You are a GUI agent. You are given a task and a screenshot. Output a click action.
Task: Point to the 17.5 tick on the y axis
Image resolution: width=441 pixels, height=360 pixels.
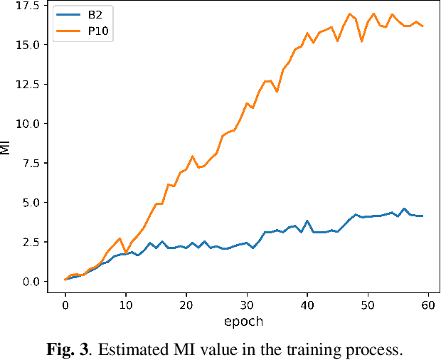[28, 5]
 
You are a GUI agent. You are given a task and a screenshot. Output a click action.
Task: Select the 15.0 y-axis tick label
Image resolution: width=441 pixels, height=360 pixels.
[28, 45]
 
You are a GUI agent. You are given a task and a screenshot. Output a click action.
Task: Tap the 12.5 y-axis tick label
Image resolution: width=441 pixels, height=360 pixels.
[28, 84]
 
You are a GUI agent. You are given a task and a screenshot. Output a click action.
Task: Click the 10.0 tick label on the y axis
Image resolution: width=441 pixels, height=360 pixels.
[28, 124]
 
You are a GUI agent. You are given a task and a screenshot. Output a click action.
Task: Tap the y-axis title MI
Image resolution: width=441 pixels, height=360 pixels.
[6, 147]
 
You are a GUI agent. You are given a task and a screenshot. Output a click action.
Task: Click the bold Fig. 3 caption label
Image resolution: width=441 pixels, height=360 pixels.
[71, 349]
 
